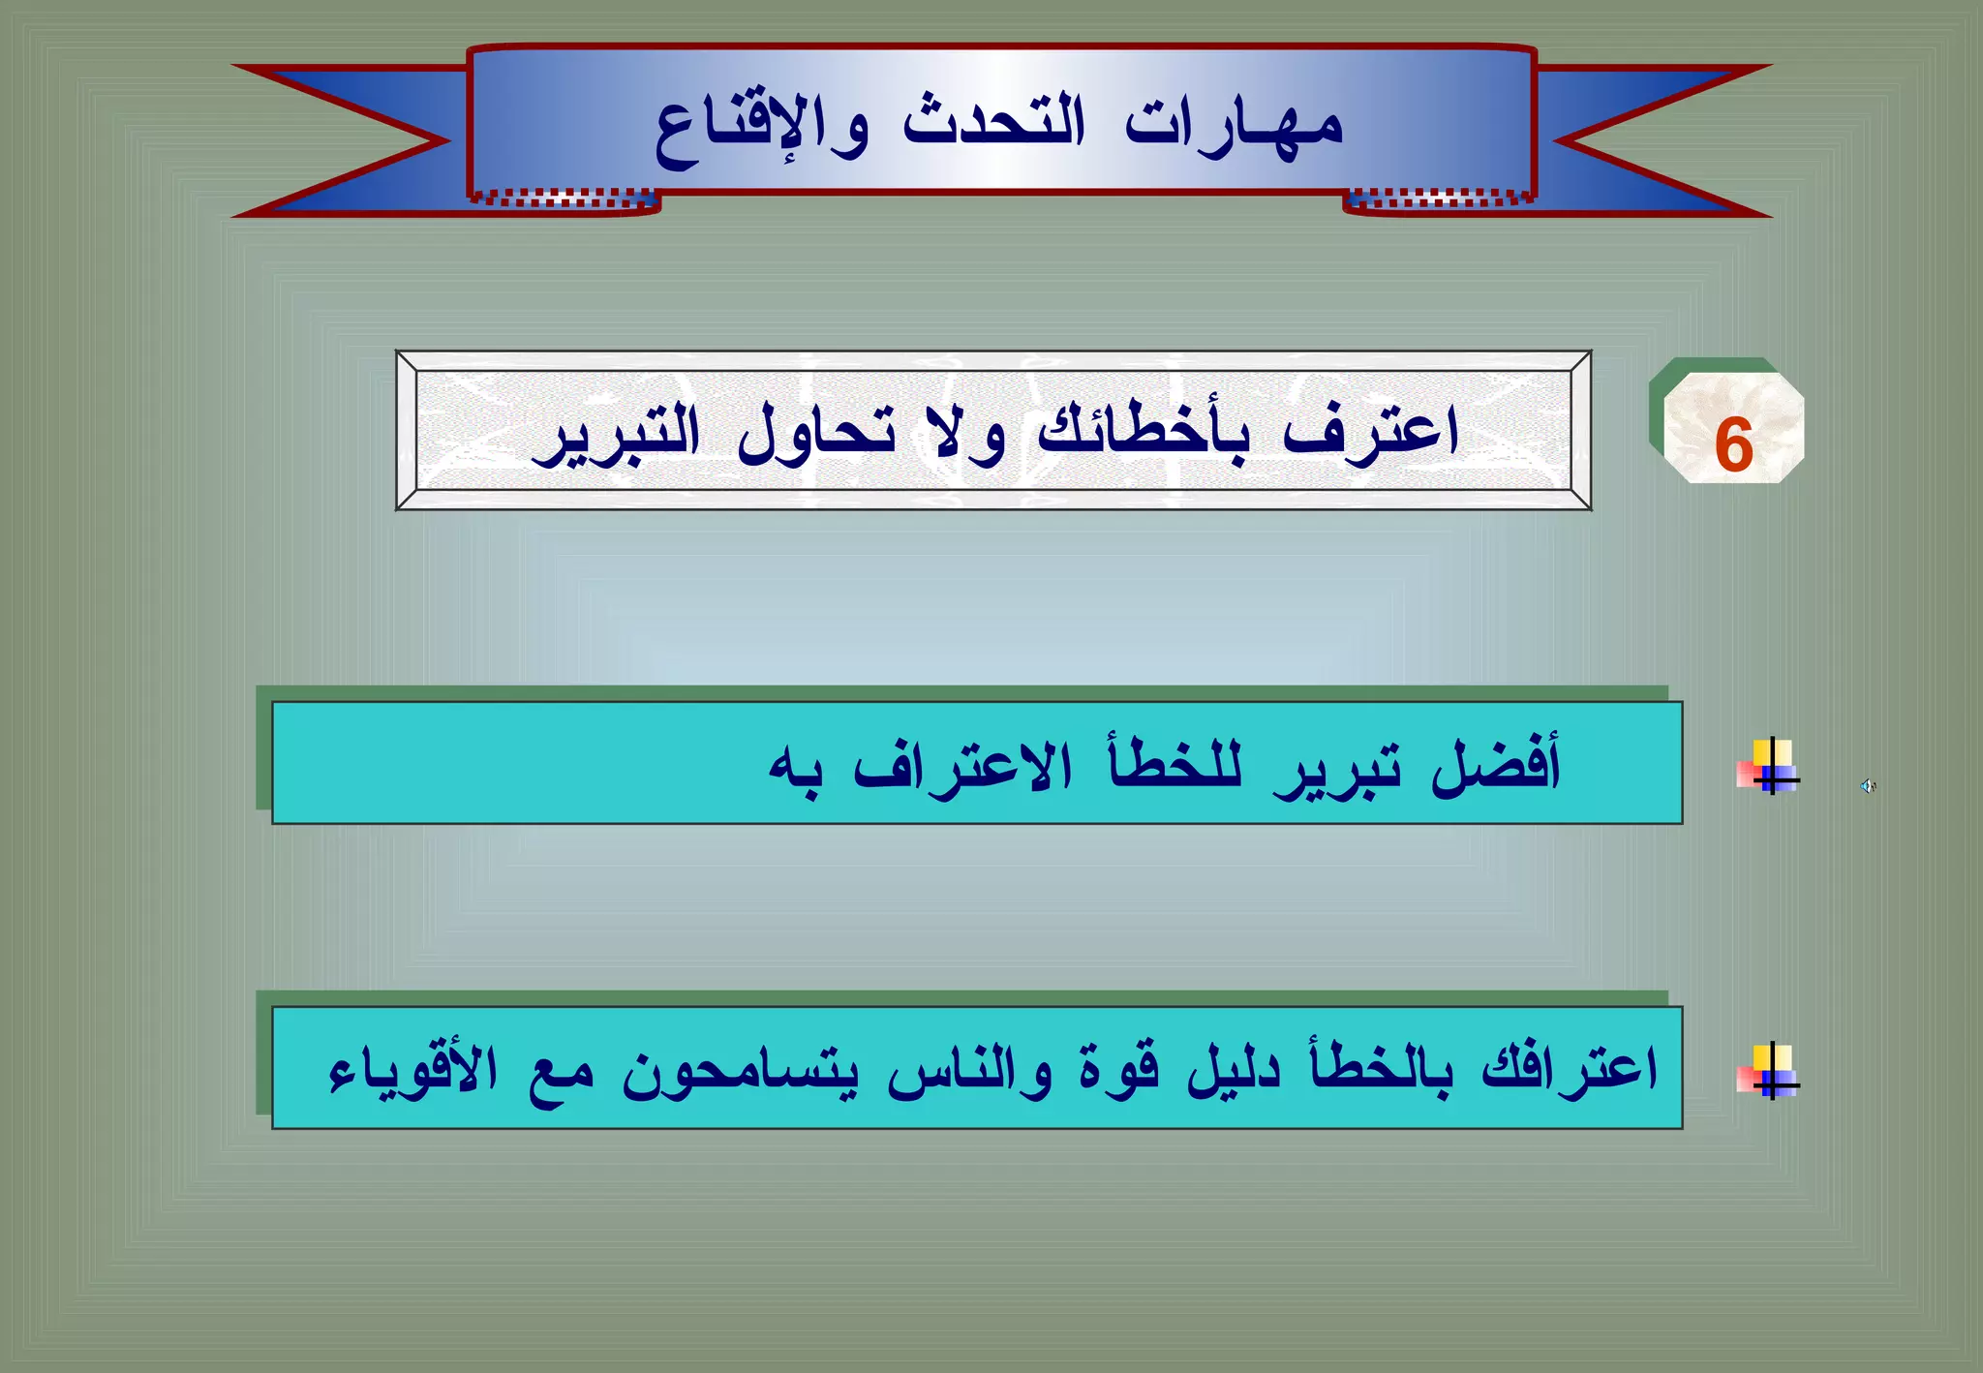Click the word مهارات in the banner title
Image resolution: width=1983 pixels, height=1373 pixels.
(1234, 126)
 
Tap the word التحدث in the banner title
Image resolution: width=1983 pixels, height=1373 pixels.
(994, 124)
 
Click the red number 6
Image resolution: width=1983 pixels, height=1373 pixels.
(1733, 444)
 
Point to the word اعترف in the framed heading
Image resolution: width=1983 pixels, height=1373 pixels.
(1370, 432)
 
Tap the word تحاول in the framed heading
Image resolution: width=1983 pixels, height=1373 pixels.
(816, 434)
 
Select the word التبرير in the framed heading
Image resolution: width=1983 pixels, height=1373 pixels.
(616, 436)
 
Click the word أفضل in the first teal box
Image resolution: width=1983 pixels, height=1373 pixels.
(1496, 766)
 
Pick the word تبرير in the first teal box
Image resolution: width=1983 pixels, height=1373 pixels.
(1336, 771)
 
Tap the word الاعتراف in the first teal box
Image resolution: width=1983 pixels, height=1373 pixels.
(963, 768)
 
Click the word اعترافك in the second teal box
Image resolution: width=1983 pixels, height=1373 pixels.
(1570, 1069)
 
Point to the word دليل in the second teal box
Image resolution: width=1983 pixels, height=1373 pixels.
(1234, 1069)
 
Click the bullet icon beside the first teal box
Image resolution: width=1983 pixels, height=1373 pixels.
(1769, 767)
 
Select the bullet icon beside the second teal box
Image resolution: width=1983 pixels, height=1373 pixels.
(1769, 1071)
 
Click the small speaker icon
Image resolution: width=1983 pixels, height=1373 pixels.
(1868, 786)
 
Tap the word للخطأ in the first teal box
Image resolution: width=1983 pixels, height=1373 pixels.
(1175, 766)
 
